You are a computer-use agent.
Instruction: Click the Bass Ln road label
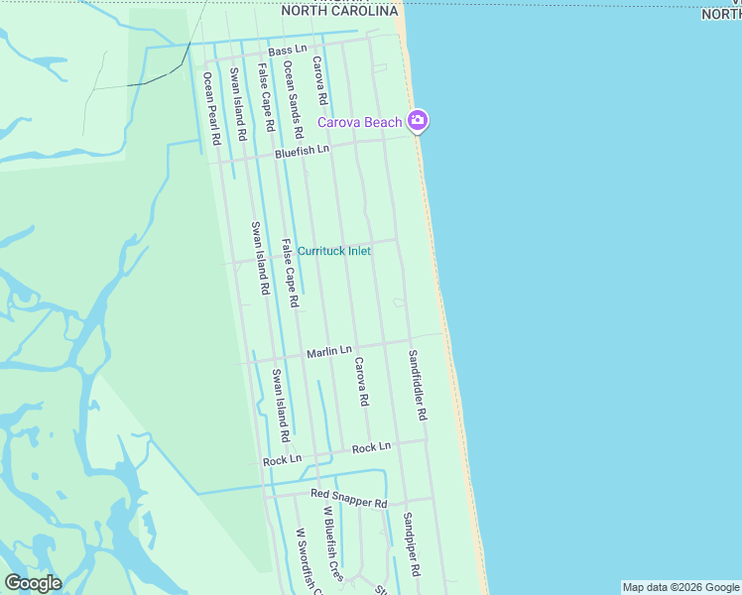coord(288,49)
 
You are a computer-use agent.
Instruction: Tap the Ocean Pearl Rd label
coord(209,108)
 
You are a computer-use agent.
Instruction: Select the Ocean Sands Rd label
coord(293,98)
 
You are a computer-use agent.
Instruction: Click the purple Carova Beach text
coord(359,122)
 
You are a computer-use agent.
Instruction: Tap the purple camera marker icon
coord(418,121)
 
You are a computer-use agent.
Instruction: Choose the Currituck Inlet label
coord(334,251)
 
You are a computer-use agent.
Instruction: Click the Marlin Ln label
coord(328,351)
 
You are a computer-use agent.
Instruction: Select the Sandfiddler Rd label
coord(417,386)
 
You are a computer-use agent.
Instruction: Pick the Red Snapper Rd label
coord(348,498)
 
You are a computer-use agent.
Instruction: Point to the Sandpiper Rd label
coord(411,544)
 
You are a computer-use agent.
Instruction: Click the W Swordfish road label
coord(309,561)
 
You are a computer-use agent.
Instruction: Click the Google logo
coord(33,583)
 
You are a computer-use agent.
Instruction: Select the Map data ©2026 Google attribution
coord(680,587)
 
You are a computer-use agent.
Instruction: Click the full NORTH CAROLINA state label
coord(339,11)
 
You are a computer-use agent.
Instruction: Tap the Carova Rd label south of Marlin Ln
coord(361,382)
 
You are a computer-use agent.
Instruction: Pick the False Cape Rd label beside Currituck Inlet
coord(290,273)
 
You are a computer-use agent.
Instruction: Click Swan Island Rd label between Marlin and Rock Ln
coord(281,405)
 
